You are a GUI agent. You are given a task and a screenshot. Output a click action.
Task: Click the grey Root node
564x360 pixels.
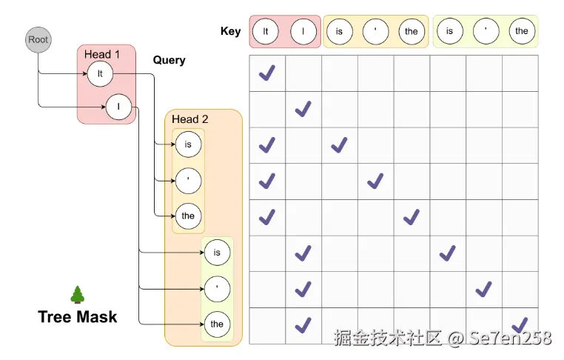pyautogui.click(x=38, y=39)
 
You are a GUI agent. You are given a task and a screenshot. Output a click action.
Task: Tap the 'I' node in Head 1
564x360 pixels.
pyautogui.click(x=118, y=107)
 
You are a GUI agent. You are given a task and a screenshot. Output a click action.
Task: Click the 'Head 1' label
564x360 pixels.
pyautogui.click(x=102, y=54)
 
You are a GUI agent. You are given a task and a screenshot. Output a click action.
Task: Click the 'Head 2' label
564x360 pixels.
pyautogui.click(x=190, y=119)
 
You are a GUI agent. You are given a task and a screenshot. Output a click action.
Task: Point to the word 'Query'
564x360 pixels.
pyautogui.click(x=169, y=59)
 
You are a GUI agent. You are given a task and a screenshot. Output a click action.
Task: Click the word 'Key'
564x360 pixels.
pyautogui.click(x=230, y=31)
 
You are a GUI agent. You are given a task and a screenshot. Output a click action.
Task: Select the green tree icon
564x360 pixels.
pyautogui.click(x=77, y=295)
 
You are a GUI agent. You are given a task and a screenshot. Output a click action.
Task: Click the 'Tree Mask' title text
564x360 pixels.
pyautogui.click(x=78, y=317)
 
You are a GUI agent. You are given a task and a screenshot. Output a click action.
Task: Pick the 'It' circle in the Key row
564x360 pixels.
pyautogui.click(x=266, y=31)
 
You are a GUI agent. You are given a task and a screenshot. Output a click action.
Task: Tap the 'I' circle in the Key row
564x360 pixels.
pyautogui.click(x=303, y=31)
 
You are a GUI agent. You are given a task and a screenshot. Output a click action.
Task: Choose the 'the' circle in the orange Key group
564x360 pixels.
pyautogui.click(x=412, y=31)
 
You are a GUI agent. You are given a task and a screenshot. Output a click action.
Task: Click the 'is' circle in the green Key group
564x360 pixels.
pyautogui.click(x=449, y=31)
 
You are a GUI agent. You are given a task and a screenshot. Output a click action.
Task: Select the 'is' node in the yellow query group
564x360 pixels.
pyautogui.click(x=188, y=144)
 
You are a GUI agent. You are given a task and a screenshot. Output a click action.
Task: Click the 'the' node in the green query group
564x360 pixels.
pyautogui.click(x=217, y=324)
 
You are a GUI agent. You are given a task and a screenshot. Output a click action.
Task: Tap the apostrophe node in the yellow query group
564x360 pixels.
pyautogui.click(x=188, y=180)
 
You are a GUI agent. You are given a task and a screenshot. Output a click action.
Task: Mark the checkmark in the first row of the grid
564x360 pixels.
pyautogui.click(x=266, y=73)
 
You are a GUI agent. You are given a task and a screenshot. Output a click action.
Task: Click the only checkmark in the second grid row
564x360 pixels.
pyautogui.click(x=303, y=109)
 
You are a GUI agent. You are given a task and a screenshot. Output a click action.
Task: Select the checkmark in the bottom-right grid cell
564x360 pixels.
pyautogui.click(x=520, y=324)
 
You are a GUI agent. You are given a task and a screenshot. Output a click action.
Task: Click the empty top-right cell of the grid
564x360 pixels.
pyautogui.click(x=520, y=73)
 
